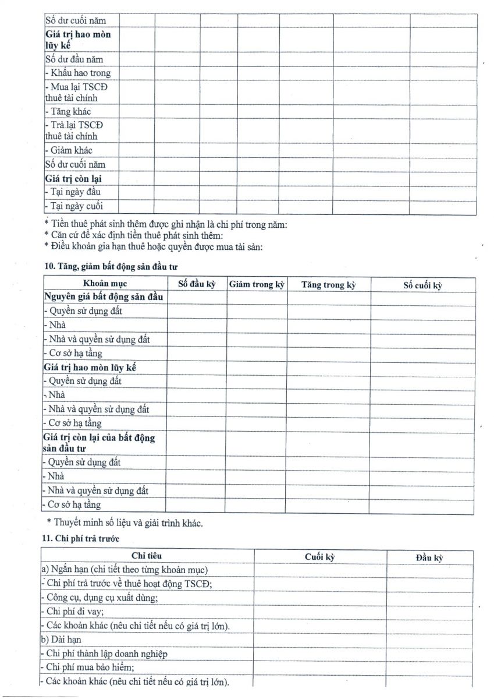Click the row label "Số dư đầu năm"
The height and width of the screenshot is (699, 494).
click(x=74, y=59)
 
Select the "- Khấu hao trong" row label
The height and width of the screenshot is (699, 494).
click(x=77, y=73)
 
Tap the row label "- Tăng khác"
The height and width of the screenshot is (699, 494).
click(x=67, y=111)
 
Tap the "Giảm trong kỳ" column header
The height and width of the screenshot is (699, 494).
click(x=257, y=285)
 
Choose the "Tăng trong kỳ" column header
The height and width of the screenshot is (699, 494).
click(x=328, y=285)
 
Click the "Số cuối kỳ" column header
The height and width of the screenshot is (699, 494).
click(x=422, y=285)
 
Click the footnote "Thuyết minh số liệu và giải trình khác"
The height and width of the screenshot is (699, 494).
click(x=128, y=523)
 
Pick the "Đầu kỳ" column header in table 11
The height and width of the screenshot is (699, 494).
click(x=429, y=557)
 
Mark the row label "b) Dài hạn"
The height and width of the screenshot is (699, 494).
click(x=61, y=640)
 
